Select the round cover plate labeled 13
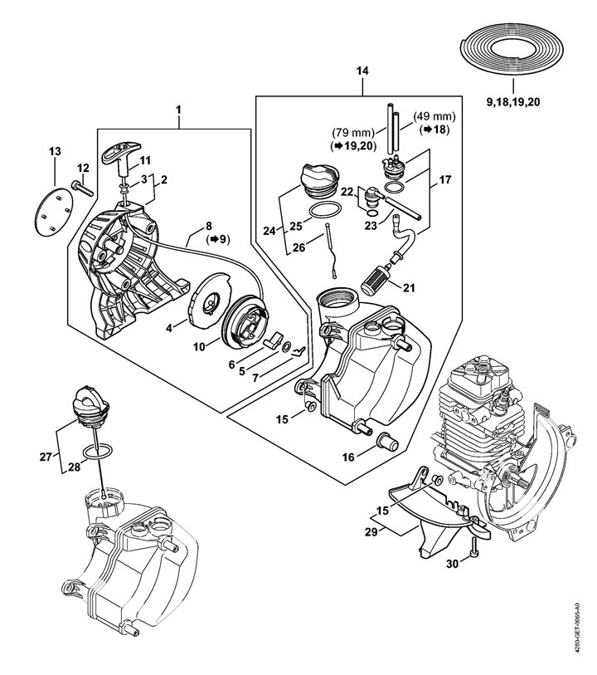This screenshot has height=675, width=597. tap(53, 211)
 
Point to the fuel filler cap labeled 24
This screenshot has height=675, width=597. tap(320, 181)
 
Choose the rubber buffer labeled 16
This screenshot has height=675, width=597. tap(388, 441)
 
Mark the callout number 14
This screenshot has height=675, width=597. tap(362, 71)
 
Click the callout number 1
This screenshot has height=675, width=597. tap(178, 110)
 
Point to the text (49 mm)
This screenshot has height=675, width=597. tap(434, 116)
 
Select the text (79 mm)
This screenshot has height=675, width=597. tap(353, 132)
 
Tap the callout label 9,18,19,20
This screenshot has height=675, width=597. tap(512, 102)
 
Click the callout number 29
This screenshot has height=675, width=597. tap(371, 532)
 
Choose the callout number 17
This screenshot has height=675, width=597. tap(445, 179)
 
